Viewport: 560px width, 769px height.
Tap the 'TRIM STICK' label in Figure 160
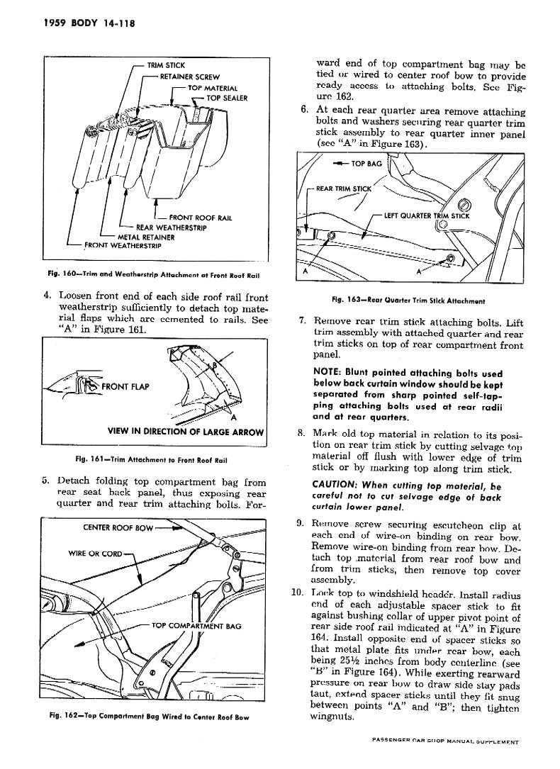(x=165, y=66)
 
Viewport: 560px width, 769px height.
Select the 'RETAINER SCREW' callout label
(x=190, y=77)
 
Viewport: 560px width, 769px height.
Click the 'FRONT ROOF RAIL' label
(x=201, y=218)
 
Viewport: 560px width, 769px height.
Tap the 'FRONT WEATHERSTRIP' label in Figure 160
(x=122, y=246)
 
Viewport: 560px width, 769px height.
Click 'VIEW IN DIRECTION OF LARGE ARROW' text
(x=186, y=432)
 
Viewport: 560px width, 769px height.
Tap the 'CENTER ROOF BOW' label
(x=116, y=527)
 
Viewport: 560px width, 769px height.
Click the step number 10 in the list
(x=298, y=592)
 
